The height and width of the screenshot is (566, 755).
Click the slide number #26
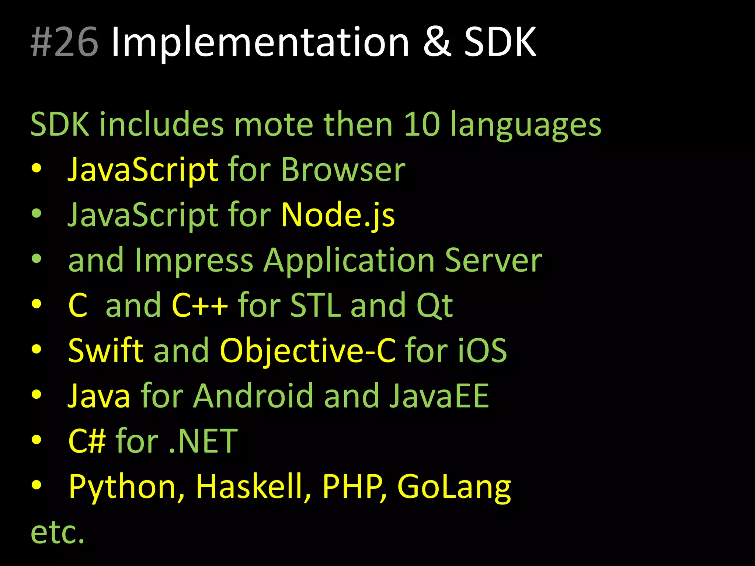pos(65,42)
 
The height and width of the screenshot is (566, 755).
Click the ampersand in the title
pos(437,42)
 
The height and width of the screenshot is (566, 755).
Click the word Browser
pos(343,170)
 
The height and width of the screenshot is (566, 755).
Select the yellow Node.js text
pos(338,215)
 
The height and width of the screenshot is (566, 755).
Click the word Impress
pos(194,261)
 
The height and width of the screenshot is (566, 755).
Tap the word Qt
pos(434,306)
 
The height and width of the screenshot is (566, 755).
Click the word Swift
pos(106,350)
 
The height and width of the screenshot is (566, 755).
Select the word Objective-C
pos(307,351)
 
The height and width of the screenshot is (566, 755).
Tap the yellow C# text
pos(87,441)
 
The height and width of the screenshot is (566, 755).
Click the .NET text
pos(203,441)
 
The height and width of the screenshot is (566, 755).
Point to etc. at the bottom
pos(58,532)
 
